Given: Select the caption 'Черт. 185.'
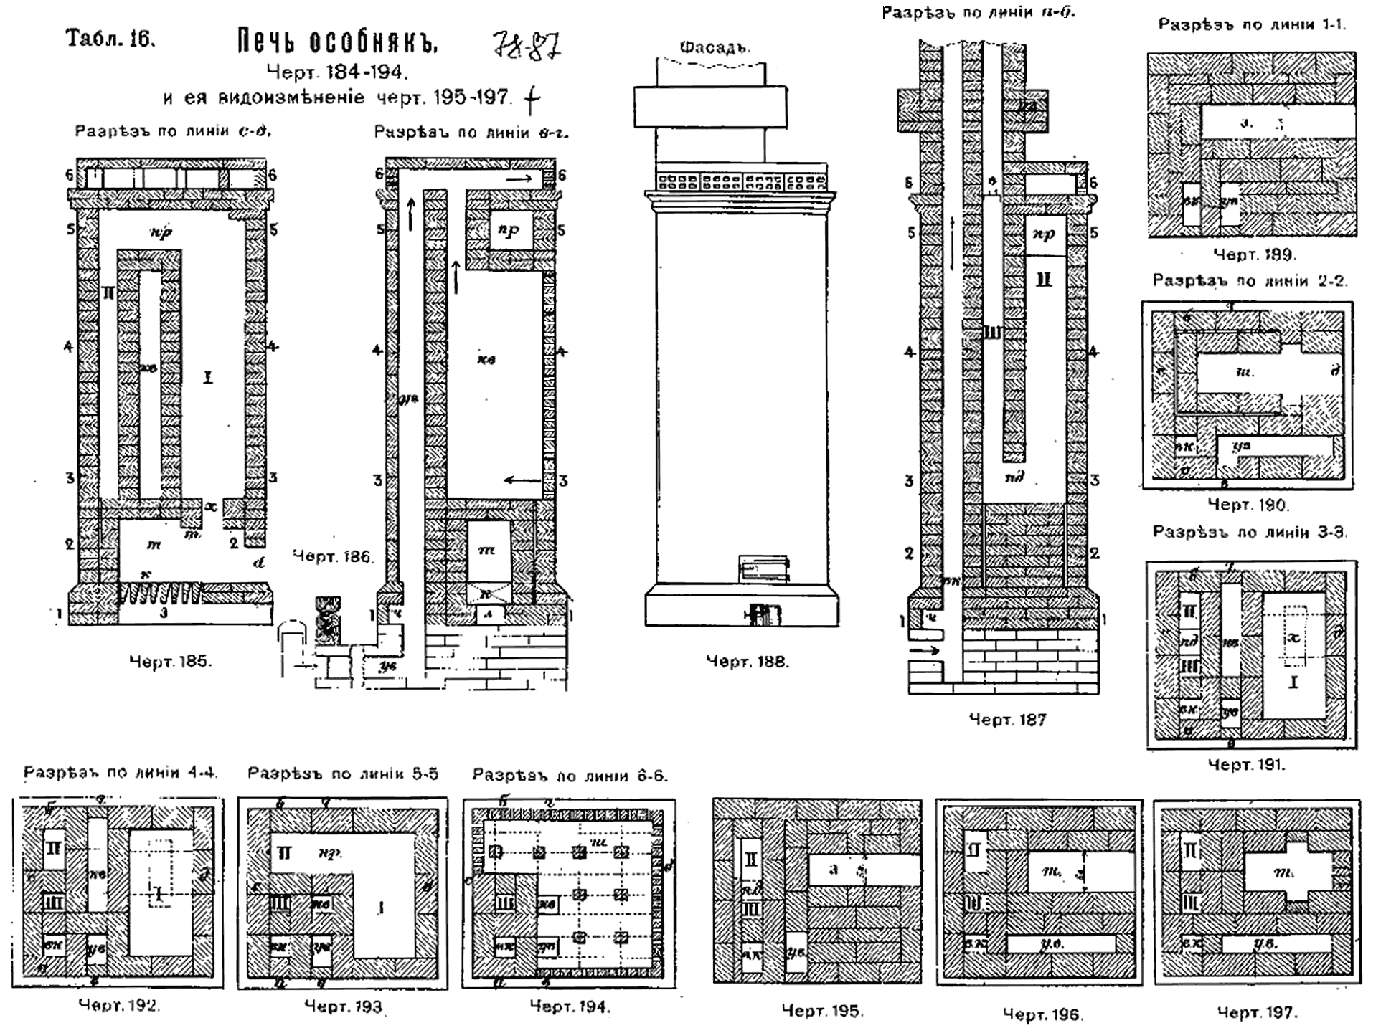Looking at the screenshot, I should pyautogui.click(x=171, y=661).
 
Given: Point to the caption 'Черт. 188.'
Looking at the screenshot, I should pyautogui.click(x=748, y=662).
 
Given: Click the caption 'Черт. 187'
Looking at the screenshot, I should pyautogui.click(x=1008, y=719).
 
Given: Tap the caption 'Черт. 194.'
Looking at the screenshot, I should pyautogui.click(x=570, y=1006).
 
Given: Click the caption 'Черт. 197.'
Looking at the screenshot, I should pyautogui.click(x=1258, y=1012).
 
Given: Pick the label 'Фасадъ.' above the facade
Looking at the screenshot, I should pyautogui.click(x=714, y=48).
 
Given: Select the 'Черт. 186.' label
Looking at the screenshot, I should pyautogui.click(x=333, y=556).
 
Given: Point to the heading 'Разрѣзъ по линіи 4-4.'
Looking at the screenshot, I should pyautogui.click(x=121, y=772).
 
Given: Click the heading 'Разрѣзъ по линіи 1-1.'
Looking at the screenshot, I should pyautogui.click(x=1252, y=24).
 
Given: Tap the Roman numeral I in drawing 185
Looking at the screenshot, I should pyautogui.click(x=209, y=376).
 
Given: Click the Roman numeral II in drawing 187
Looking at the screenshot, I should pyautogui.click(x=1044, y=280).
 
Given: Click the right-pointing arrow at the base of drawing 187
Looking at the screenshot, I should pyautogui.click(x=925, y=650).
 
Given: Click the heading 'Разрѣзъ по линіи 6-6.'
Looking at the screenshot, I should pyautogui.click(x=570, y=776).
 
